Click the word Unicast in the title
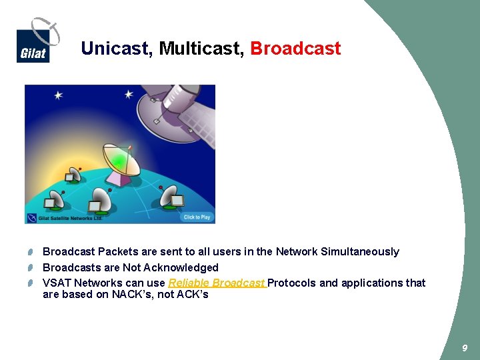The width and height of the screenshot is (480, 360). [x=117, y=49]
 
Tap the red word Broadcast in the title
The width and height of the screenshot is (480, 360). [x=295, y=49]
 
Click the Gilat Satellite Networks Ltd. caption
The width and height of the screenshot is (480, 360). [x=65, y=218]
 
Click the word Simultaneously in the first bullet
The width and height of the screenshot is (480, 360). [x=360, y=251]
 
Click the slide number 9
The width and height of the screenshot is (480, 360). [x=465, y=348]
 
